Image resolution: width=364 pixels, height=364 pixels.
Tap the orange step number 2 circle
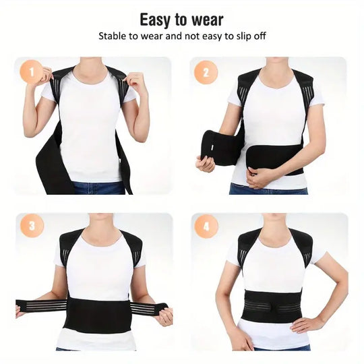coord(206,71)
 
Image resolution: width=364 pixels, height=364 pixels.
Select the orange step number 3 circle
coord(32,226)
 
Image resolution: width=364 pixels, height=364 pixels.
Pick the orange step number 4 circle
coord(206,226)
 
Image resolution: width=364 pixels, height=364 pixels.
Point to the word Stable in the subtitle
coord(114,36)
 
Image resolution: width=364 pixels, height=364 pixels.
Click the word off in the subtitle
coord(259,36)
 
